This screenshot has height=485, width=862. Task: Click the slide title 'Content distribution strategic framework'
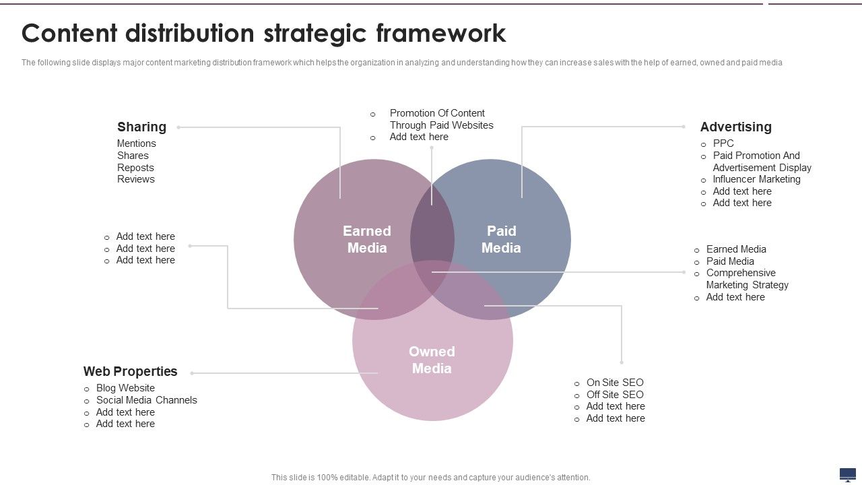(x=263, y=33)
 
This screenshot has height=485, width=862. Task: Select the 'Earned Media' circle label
(x=367, y=239)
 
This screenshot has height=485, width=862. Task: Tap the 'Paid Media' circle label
(x=501, y=239)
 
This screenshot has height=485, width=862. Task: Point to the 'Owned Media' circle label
(x=432, y=360)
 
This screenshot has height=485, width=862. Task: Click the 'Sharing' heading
(x=141, y=127)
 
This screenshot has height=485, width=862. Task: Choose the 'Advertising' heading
(x=735, y=127)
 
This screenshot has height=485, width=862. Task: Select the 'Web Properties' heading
(x=130, y=371)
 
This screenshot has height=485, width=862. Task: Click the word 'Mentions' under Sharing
(x=136, y=143)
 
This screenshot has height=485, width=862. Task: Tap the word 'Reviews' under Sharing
(x=135, y=179)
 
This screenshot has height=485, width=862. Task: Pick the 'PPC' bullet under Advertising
(x=723, y=143)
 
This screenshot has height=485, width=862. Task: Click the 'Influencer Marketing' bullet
(x=756, y=179)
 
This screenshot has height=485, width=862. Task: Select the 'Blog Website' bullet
(x=125, y=388)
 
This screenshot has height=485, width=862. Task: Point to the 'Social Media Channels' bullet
(x=146, y=400)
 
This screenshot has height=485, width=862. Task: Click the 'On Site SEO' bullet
(x=615, y=383)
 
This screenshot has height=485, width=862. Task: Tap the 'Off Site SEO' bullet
(x=615, y=395)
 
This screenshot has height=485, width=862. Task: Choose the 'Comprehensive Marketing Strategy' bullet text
(x=746, y=279)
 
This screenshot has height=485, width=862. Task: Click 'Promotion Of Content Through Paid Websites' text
(x=441, y=119)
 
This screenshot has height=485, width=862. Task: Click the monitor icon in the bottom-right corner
(x=847, y=474)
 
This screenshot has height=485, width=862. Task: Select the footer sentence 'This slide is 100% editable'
(x=430, y=477)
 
